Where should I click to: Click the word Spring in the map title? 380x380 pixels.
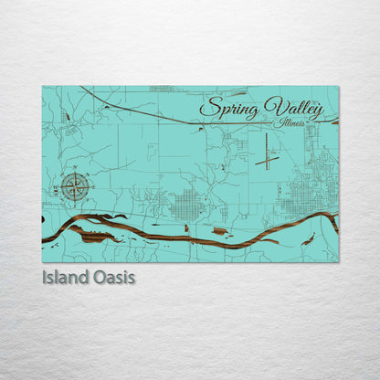pyautogui.click(x=230, y=108)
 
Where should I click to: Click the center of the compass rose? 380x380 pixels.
pyautogui.click(x=77, y=188)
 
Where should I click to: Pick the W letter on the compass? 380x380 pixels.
pyautogui.click(x=59, y=188)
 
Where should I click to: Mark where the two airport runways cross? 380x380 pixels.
pyautogui.click(x=267, y=160)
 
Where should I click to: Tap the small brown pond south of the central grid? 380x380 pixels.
pyautogui.click(x=219, y=231)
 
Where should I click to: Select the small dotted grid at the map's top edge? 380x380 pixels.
pyautogui.click(x=162, y=89)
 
